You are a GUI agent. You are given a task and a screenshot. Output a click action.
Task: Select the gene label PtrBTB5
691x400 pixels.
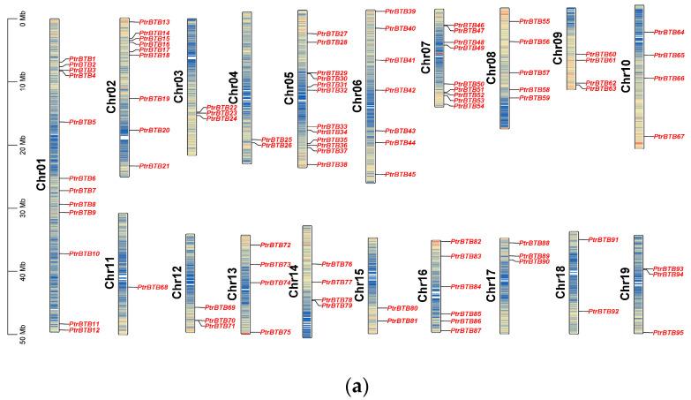pyautogui.click(x=82, y=122)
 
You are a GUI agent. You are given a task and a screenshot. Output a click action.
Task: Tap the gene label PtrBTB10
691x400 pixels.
pyautogui.click(x=84, y=253)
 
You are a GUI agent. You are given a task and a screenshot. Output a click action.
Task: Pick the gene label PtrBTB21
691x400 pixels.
pyautogui.click(x=154, y=166)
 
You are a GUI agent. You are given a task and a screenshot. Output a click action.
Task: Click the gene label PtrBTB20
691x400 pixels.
pyautogui.click(x=154, y=130)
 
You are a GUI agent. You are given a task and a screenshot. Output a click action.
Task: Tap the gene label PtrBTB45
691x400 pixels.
pyautogui.click(x=401, y=175)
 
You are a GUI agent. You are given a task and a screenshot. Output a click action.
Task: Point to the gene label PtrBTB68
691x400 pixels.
pyautogui.click(x=154, y=287)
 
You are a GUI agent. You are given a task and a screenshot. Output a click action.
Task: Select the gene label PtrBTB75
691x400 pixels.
pyautogui.click(x=276, y=332)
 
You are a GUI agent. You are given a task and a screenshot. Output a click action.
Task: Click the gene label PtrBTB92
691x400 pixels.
pyautogui.click(x=604, y=312)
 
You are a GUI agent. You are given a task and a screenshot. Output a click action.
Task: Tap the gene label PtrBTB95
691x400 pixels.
pyautogui.click(x=668, y=333)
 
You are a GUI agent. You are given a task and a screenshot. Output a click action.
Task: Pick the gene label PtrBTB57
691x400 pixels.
pyautogui.click(x=534, y=72)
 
